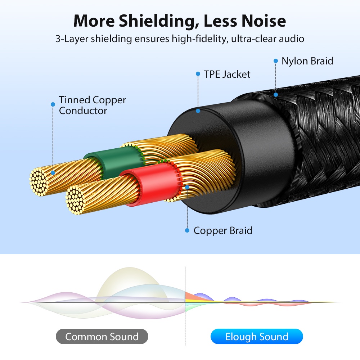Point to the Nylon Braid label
pyautogui.click(x=307, y=61)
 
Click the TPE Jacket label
pyautogui.click(x=227, y=75)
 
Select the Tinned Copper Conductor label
pyautogui.click(x=92, y=105)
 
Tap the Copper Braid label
pyautogui.click(x=223, y=230)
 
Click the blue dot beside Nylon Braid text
pyautogui.click(x=276, y=61)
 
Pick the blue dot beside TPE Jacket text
pyautogui.click(x=198, y=74)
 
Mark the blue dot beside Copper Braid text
pyautogui.click(x=187, y=230)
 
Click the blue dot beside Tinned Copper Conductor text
pyautogui.click(x=53, y=104)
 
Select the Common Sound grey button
pyautogui.click(x=102, y=337)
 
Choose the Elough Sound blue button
pyautogui.click(x=257, y=337)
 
